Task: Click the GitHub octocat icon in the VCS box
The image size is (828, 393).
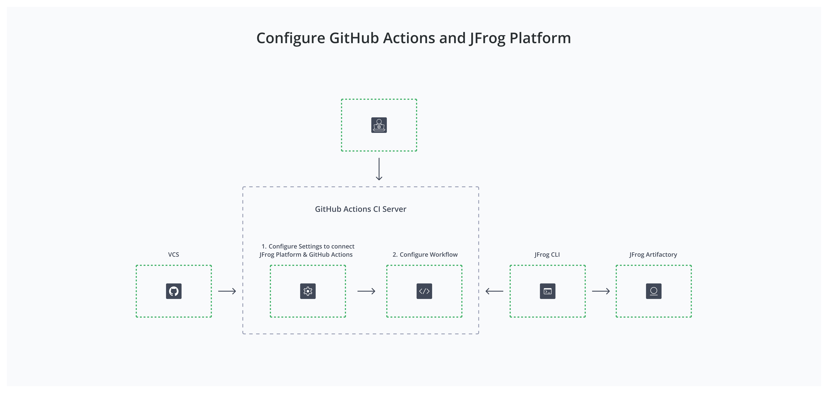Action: pos(174,291)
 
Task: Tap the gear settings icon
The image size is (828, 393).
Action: pos(308,291)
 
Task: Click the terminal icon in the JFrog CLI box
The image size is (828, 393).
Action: pos(547,291)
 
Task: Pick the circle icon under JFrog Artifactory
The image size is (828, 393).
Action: pos(653,291)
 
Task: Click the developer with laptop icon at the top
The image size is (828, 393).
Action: pos(379,125)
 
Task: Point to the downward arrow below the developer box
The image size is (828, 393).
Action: pos(379,169)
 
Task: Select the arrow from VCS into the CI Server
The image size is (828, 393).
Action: pos(227,291)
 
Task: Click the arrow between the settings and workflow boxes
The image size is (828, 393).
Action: pos(366,291)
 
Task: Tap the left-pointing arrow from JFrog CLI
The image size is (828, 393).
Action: pos(494,291)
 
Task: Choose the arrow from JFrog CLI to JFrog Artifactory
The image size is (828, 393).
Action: pos(601,291)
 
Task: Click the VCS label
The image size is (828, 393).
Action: pos(174,254)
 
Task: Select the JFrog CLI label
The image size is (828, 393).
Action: pos(547,254)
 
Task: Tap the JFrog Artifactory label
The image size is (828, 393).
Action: pos(653,254)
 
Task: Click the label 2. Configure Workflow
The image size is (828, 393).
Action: pos(425,254)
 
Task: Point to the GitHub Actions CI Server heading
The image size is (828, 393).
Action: pos(360,209)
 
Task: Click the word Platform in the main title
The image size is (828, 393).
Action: pos(540,38)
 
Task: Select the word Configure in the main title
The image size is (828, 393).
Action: pos(291,38)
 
